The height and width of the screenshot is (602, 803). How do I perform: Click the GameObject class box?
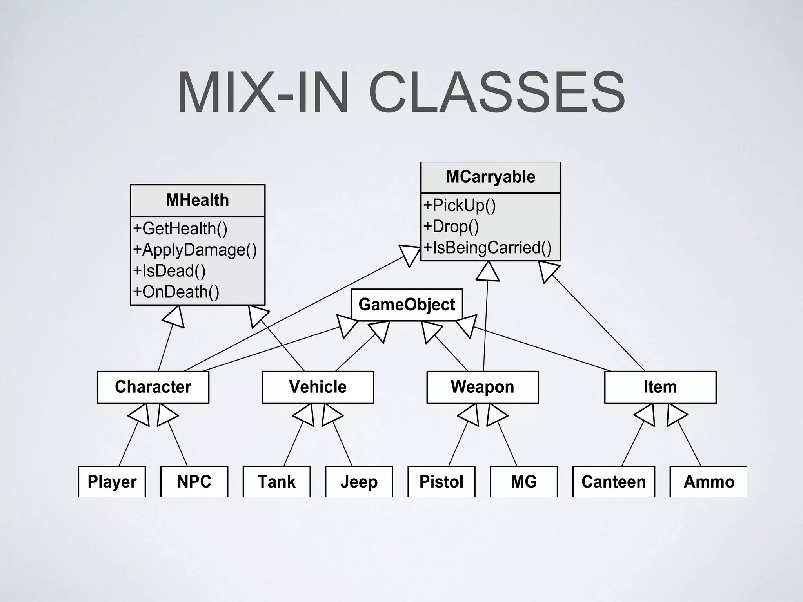[407, 305]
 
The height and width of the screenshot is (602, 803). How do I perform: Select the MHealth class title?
[197, 200]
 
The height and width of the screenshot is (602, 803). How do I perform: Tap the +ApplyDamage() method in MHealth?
[195, 250]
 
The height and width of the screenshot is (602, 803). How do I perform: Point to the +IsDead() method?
[169, 271]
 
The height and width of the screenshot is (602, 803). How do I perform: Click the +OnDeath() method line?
[176, 292]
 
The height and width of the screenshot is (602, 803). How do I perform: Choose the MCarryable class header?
[491, 177]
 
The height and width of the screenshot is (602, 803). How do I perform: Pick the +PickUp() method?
[460, 205]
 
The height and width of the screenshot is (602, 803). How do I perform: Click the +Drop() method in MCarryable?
[451, 227]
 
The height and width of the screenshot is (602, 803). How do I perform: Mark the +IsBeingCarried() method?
[487, 248]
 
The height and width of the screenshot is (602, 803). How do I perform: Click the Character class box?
[153, 387]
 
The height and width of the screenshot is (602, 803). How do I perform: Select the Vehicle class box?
[318, 387]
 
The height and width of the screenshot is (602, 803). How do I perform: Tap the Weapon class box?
[482, 387]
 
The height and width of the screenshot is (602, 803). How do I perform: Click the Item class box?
[660, 387]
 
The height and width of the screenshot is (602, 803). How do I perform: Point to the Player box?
[112, 481]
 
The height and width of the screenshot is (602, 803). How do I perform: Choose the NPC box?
[194, 481]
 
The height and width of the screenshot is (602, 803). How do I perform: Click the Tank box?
[276, 481]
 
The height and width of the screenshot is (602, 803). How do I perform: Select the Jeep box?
[359, 481]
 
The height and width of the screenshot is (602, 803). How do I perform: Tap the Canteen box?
[614, 481]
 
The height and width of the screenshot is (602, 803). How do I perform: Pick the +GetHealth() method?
[180, 228]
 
